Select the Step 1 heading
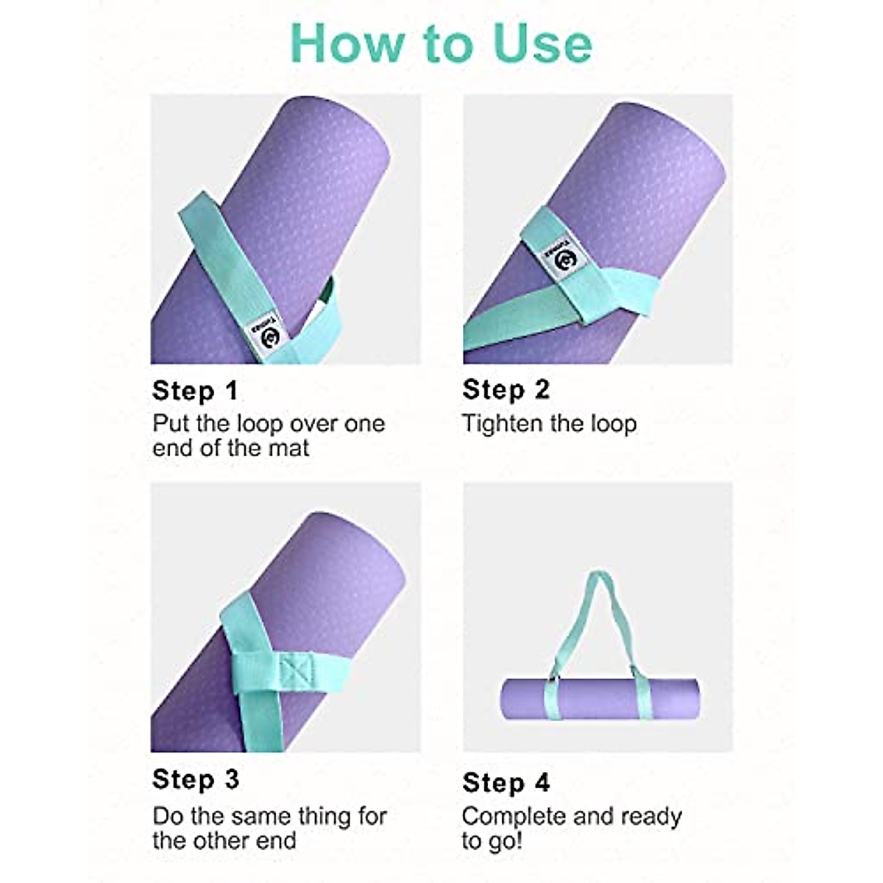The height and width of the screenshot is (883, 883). [x=195, y=391]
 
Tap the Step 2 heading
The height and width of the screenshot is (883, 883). [x=506, y=390]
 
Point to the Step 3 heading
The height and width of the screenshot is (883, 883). [x=195, y=779]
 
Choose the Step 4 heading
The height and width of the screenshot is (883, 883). [x=506, y=782]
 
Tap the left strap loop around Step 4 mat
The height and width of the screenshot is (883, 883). [x=550, y=699]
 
